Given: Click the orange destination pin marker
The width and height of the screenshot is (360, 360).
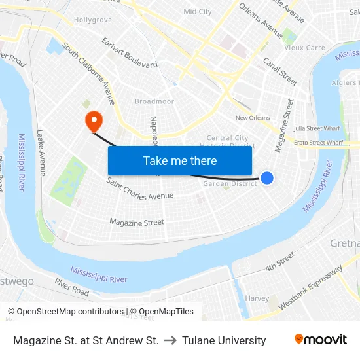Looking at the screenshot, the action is click(x=94, y=118).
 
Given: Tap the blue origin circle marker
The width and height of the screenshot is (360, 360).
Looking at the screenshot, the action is click(x=267, y=177).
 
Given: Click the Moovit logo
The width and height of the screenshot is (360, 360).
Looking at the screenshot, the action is click(x=320, y=339).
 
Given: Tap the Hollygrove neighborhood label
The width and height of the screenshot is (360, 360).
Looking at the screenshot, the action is click(x=92, y=20).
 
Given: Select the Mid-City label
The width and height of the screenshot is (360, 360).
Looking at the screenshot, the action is click(x=198, y=12).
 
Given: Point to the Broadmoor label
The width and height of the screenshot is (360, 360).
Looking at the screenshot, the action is click(x=154, y=101).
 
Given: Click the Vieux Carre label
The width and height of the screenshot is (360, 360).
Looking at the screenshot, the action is click(x=304, y=48).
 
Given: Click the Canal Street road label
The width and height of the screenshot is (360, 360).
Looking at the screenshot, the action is click(x=279, y=71).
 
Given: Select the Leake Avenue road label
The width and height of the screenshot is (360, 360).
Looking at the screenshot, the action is click(x=41, y=152).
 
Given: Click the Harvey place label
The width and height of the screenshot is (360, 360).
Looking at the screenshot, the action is click(x=257, y=298).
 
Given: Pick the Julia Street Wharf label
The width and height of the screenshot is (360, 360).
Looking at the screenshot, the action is click(x=317, y=128).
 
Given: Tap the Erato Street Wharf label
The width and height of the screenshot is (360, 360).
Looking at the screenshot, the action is click(x=317, y=142).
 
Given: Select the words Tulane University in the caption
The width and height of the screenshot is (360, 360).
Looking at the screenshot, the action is click(x=224, y=340).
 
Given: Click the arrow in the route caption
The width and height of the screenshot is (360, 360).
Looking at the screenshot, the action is click(x=170, y=340).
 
